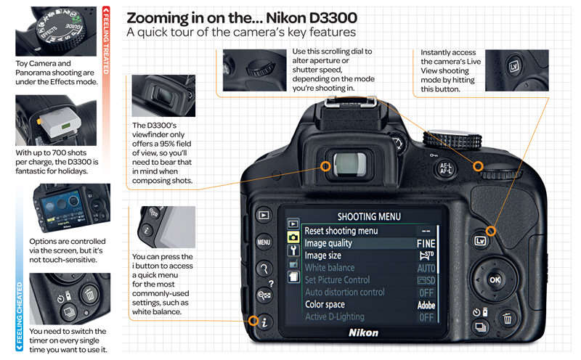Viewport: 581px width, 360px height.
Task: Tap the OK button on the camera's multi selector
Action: click(x=495, y=279)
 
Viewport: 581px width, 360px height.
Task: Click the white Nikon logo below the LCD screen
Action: click(x=363, y=332)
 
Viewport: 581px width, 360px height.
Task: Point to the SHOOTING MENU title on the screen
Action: click(x=369, y=216)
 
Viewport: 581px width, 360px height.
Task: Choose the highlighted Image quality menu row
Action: click(x=369, y=243)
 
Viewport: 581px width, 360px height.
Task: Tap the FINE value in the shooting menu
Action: click(x=426, y=244)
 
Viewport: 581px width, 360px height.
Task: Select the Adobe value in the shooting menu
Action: click(x=426, y=306)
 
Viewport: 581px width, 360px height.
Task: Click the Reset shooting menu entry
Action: click(x=341, y=231)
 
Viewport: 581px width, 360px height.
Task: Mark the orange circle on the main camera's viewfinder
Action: click(x=326, y=166)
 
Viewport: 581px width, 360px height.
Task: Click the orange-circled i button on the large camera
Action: click(x=253, y=320)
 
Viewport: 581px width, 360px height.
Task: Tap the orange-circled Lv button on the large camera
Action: click(x=491, y=231)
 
